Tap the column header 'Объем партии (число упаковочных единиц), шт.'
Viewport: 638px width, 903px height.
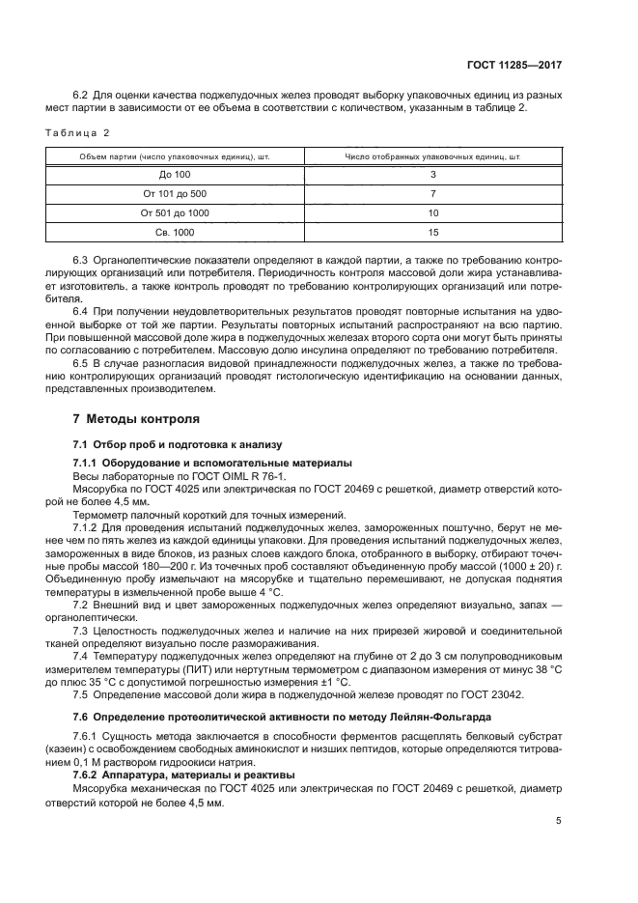coord(175,155)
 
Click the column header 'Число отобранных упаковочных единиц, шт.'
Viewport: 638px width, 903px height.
coord(432,155)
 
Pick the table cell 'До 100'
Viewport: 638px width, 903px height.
coord(175,174)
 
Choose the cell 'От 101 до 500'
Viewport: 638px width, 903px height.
coord(175,193)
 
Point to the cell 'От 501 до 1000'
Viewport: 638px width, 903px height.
coord(175,212)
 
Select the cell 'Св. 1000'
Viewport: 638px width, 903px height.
coord(175,232)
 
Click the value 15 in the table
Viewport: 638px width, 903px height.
coord(432,232)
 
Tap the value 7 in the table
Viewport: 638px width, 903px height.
coord(432,193)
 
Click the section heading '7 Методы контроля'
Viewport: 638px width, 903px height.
coord(137,420)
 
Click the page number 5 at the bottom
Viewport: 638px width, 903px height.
coord(559,821)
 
